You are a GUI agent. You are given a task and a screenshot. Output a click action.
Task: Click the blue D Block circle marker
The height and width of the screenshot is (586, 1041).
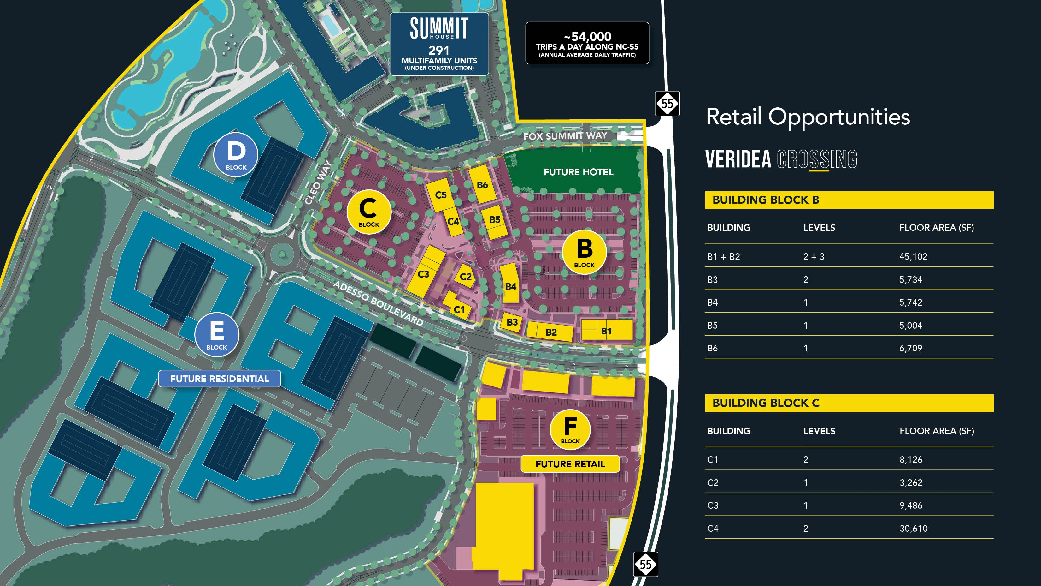pos(236,154)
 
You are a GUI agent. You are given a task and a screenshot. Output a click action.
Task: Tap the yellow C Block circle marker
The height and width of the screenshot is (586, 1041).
pos(368,212)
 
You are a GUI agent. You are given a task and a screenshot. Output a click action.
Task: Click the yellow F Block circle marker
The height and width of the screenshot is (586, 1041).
pos(570,429)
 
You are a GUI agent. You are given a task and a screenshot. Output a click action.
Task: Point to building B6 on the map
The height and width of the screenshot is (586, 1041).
pos(482,185)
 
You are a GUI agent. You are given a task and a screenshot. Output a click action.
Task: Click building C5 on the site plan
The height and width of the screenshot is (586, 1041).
pos(440,195)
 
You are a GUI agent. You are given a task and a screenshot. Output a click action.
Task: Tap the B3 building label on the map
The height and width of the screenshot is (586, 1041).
pos(512,322)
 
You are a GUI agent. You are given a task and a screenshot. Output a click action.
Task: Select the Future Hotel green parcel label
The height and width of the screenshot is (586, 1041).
pos(578,172)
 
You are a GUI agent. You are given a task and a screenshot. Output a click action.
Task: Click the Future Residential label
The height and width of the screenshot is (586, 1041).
pos(220,379)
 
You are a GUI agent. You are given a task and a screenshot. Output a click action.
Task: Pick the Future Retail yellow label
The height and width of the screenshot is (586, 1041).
pos(570,464)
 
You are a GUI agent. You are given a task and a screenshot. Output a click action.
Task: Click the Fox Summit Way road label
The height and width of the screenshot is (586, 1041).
pos(565,136)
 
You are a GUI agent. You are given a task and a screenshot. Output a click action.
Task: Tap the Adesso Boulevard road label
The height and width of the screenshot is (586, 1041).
pos(378,303)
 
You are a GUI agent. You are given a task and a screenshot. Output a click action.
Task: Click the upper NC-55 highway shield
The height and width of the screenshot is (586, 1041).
pos(667,104)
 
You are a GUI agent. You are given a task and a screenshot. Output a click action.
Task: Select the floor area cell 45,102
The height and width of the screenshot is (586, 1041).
pos(913,256)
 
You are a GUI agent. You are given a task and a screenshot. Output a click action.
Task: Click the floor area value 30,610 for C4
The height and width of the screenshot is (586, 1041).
pos(913,528)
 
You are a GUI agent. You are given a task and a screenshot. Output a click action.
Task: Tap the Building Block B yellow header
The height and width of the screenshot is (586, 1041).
pos(849,200)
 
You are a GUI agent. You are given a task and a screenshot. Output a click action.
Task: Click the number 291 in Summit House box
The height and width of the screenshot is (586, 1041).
pos(439,51)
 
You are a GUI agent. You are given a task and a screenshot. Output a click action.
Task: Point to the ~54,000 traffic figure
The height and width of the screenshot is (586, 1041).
pos(587,36)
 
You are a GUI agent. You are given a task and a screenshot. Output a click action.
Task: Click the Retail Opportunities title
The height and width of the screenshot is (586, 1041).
pos(808,117)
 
